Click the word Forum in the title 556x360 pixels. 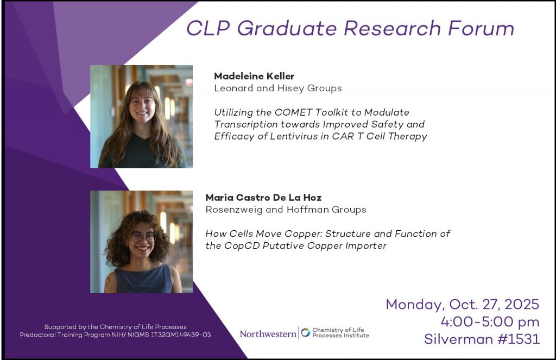[x=481, y=28]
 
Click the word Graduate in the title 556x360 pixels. [x=287, y=28]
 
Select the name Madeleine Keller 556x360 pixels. [x=254, y=76]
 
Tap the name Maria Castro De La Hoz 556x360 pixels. [x=263, y=197]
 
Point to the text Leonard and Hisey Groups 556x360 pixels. [x=278, y=88]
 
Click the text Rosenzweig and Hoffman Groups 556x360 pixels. [x=286, y=210]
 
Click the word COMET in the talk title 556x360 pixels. [x=294, y=112]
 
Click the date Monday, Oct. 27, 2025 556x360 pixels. [x=463, y=304]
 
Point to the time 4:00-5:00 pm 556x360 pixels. [x=490, y=321]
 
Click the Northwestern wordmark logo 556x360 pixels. [x=268, y=334]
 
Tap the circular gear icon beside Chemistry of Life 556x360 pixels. [x=305, y=332]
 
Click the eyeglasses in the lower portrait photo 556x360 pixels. [x=143, y=237]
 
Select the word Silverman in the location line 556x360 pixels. [x=459, y=339]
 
